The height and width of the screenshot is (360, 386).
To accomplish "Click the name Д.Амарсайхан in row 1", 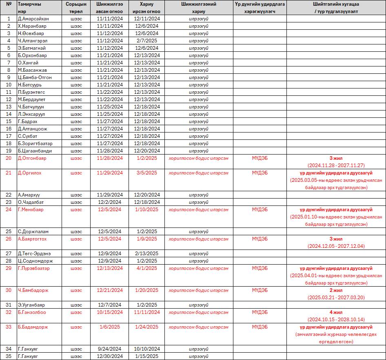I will tap(33, 19).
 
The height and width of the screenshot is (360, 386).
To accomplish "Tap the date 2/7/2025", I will tap(146, 41).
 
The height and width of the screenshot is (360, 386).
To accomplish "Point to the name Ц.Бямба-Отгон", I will tap(35, 77).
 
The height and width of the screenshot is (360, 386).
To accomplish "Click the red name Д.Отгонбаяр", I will tap(32, 158).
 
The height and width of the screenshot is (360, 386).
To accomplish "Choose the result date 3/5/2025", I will tap(146, 173).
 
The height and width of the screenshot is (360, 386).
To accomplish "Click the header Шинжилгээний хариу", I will tap(199, 8).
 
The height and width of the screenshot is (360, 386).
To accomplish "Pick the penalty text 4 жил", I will tap(336, 312).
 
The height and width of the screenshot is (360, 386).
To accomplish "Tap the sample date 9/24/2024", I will tap(110, 349).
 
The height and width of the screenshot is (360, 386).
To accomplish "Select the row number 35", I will tap(9, 356).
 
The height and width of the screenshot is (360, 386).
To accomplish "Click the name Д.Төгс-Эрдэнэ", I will tap(34, 254).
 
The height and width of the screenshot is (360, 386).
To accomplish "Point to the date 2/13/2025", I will tap(146, 254).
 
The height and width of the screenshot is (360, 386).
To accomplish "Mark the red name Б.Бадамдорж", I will tap(33, 327).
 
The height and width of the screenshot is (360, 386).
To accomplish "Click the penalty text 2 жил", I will tap(336, 290).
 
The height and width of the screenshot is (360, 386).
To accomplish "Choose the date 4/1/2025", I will tap(146, 268).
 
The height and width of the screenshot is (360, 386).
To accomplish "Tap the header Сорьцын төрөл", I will tap(76, 8).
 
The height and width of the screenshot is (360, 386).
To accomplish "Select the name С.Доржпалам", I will tap(33, 232).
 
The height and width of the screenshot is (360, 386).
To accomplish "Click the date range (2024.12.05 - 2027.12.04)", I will tap(336, 246).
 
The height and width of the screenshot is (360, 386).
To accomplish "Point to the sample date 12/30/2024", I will tap(110, 356).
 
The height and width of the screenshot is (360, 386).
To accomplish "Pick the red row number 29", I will tap(9, 268).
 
